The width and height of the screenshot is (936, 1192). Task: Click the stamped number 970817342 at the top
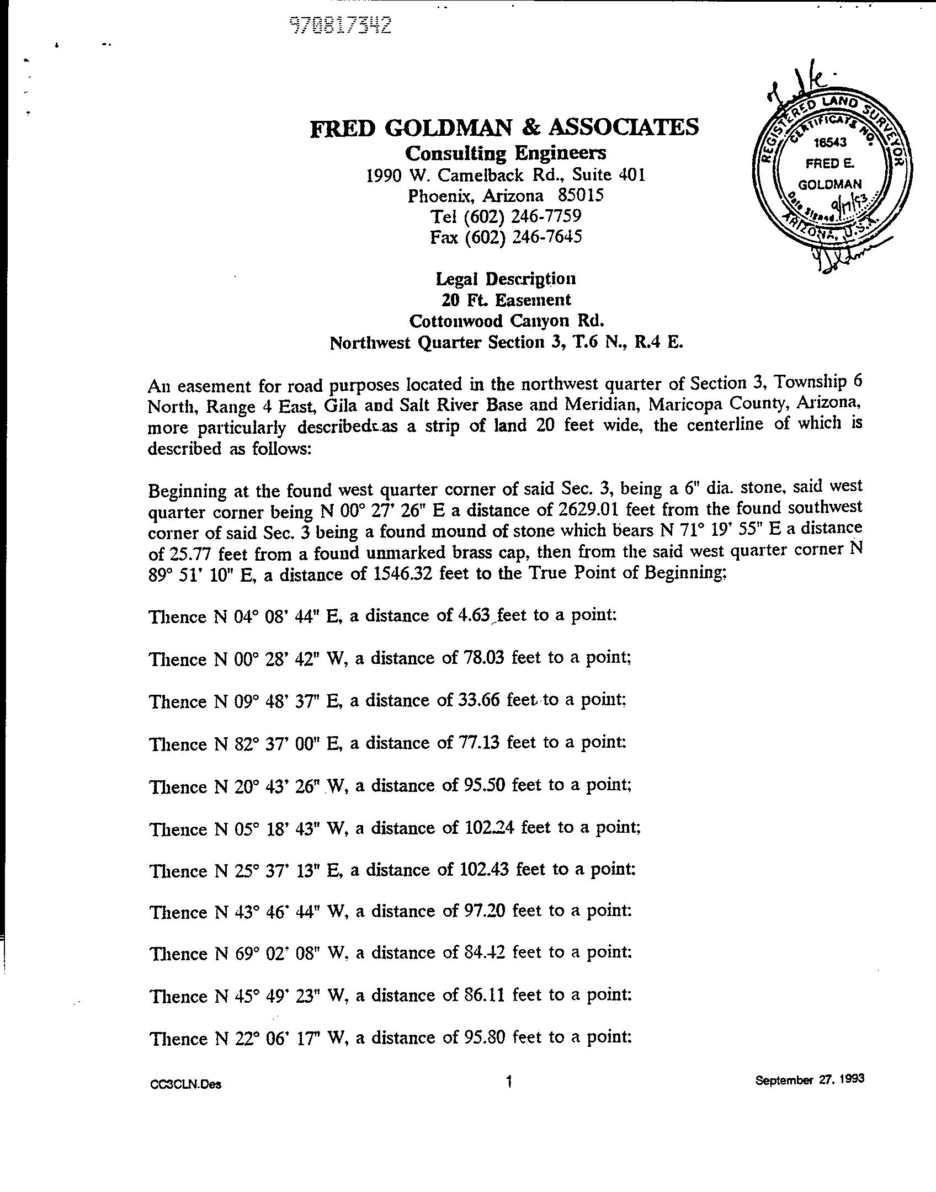(x=341, y=25)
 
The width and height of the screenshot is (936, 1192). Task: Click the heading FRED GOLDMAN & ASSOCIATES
(x=504, y=128)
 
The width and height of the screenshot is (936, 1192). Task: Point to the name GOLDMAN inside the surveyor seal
(x=829, y=184)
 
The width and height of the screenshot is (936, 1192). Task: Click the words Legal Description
(x=506, y=279)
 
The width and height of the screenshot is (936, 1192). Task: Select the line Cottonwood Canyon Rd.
(x=506, y=321)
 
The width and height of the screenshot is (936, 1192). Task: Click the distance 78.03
(x=481, y=658)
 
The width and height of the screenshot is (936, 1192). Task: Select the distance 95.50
(x=482, y=785)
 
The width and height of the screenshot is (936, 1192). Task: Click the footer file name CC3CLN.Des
(x=185, y=1084)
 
